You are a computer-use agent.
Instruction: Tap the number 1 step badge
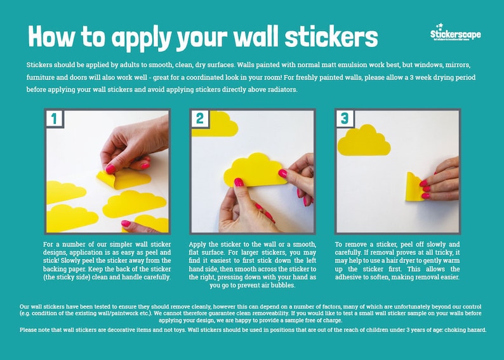tap(54, 118)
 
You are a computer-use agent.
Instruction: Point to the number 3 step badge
tap(344, 118)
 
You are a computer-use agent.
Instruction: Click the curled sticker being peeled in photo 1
tap(107, 177)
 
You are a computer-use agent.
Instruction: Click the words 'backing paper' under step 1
tap(64, 269)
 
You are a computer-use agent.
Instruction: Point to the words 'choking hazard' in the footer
tap(463, 330)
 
